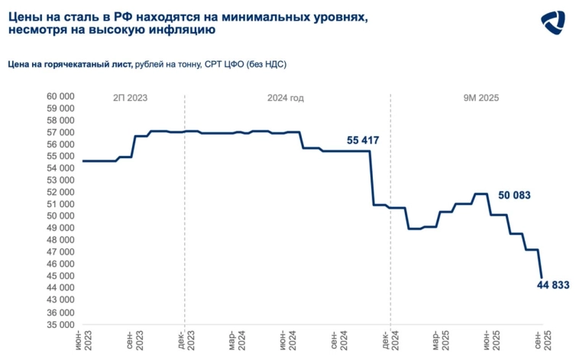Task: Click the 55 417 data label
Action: tap(363, 141)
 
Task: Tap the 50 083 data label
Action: tap(513, 196)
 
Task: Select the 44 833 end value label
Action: tap(553, 285)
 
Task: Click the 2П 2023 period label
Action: tap(130, 98)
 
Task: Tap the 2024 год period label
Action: tap(286, 98)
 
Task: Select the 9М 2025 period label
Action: tap(481, 98)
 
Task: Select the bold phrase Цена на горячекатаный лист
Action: tap(70, 66)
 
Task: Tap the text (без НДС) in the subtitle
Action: tap(272, 66)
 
